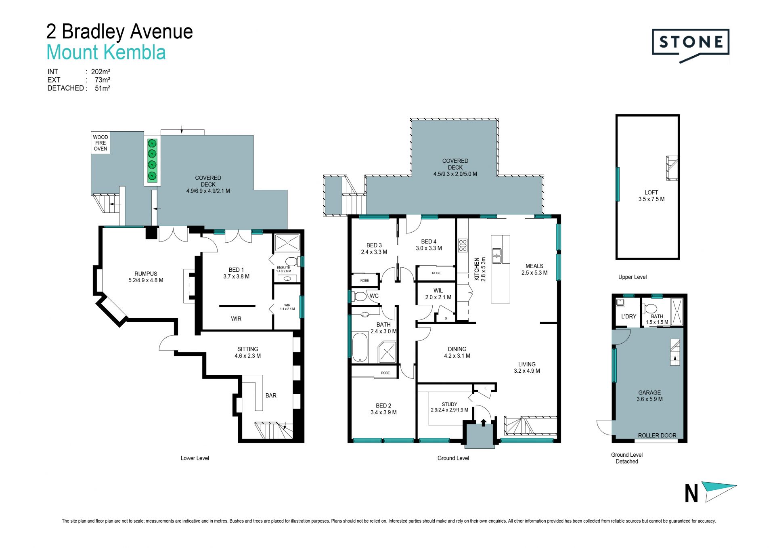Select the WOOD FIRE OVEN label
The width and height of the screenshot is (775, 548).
[x=101, y=143]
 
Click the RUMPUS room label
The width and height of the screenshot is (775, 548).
[x=146, y=274]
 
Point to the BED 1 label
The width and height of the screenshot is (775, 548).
[x=236, y=270]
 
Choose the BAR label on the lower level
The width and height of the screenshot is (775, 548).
[x=271, y=395]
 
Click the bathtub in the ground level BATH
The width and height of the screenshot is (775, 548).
[x=360, y=347]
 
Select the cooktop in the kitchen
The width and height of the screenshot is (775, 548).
[x=463, y=246]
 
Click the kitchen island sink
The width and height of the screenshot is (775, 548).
[x=496, y=256]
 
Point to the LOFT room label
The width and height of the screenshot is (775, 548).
[x=651, y=192]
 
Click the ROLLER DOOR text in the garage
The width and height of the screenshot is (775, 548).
[x=657, y=435]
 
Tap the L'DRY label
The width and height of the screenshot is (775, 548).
[x=628, y=316]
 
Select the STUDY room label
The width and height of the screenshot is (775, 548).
[x=449, y=404]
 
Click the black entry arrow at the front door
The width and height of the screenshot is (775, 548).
[x=484, y=422]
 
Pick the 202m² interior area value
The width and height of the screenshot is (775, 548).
[x=101, y=72]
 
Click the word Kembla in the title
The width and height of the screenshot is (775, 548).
[x=135, y=52]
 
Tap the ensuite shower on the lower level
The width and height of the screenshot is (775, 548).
[x=287, y=243]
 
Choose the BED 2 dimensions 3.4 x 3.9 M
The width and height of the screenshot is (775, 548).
[x=383, y=412]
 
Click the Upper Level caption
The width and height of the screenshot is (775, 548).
[x=633, y=277]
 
